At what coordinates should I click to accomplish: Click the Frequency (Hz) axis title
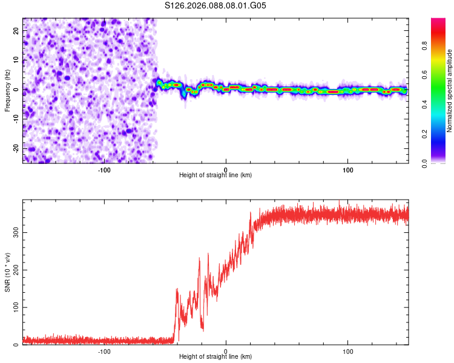(7, 90)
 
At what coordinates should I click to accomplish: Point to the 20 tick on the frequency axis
(17, 32)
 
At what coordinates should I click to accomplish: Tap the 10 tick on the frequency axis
(17, 61)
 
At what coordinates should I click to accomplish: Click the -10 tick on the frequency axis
(16, 119)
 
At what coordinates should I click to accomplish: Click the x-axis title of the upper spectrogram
(215, 175)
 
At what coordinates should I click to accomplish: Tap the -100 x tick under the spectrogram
(104, 169)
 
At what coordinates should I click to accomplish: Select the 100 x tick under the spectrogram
(348, 169)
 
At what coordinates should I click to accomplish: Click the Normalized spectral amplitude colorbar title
(449, 91)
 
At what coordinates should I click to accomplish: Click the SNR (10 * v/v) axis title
(7, 272)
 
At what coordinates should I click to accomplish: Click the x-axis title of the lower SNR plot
(215, 357)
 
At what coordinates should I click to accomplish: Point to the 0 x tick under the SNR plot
(226, 351)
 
